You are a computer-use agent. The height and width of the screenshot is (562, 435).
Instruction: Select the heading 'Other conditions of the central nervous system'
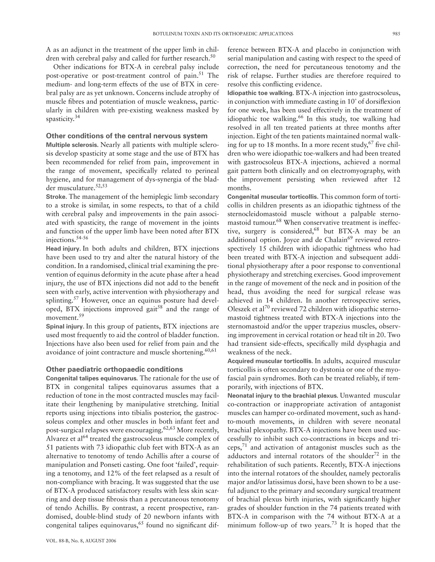point(127,136)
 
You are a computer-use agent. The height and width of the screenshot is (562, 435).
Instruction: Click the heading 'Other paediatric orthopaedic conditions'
point(114,369)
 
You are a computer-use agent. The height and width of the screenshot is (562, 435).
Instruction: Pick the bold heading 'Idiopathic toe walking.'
point(261,93)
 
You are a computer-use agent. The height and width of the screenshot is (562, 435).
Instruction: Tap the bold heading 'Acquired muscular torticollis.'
point(270,361)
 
